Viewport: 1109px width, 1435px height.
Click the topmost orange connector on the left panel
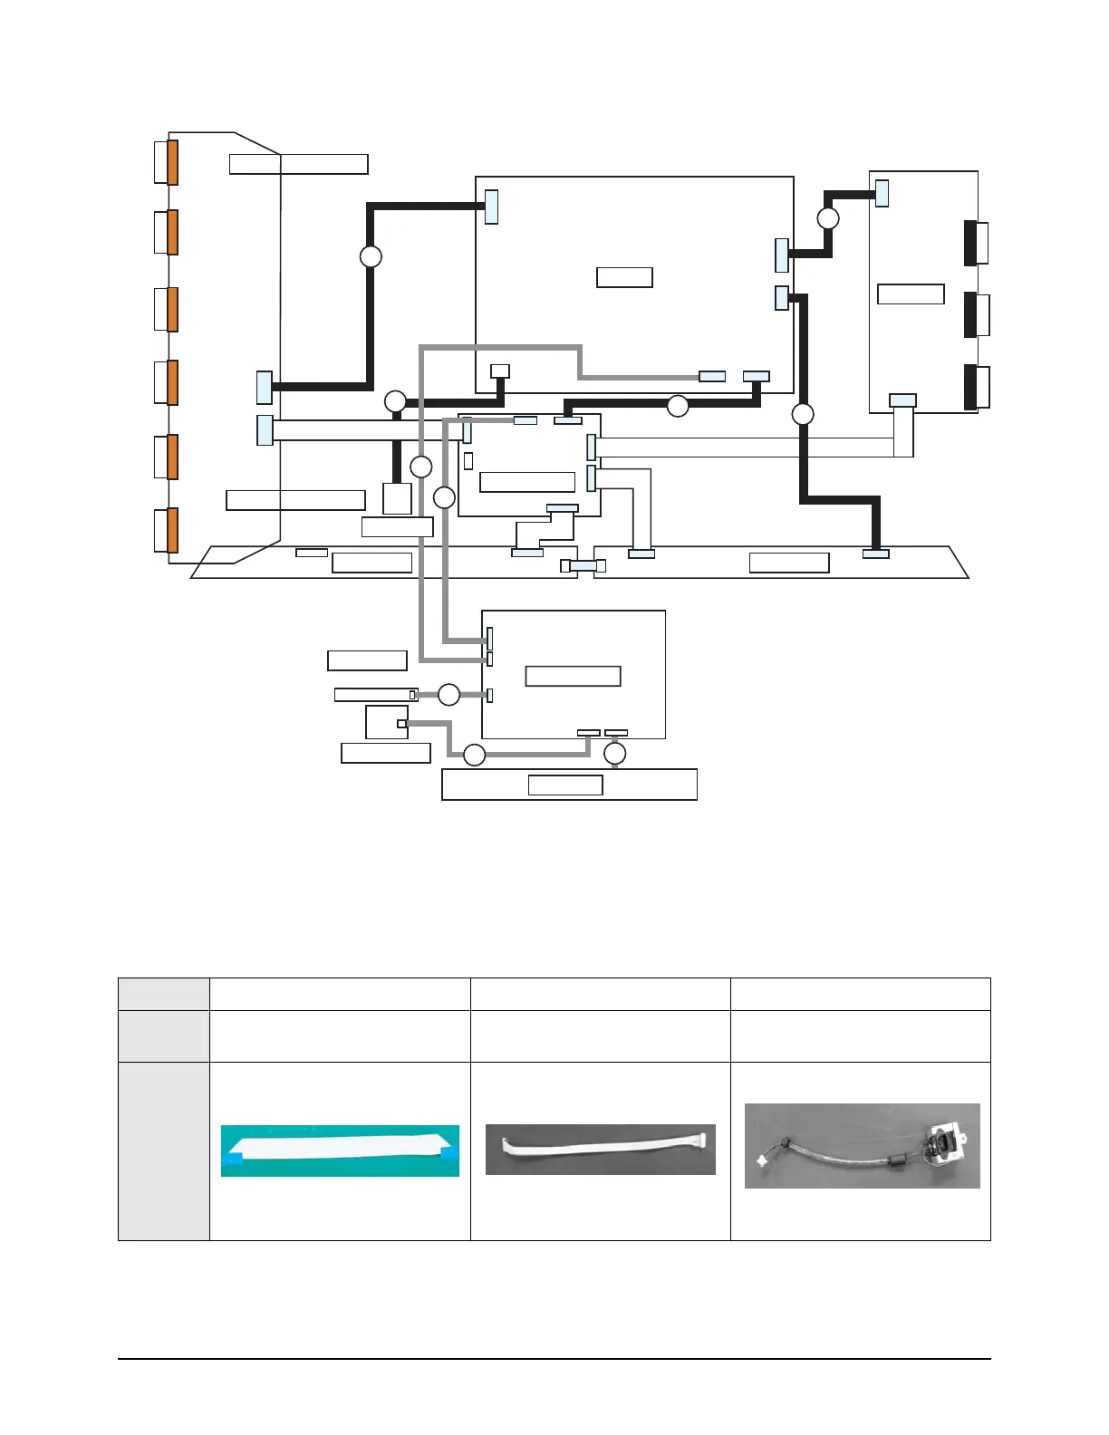[x=172, y=162]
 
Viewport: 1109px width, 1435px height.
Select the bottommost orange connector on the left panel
[x=172, y=530]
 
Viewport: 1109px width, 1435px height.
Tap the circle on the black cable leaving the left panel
[x=371, y=256]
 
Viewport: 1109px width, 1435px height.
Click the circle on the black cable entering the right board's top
[x=827, y=218]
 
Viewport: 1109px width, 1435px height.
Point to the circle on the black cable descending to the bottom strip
[x=803, y=414]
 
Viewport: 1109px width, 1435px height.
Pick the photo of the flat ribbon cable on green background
[x=340, y=1151]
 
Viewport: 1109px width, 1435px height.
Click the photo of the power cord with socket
[x=862, y=1145]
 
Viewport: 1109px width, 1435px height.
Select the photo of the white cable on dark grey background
[x=600, y=1149]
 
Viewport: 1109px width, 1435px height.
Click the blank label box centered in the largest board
[x=624, y=277]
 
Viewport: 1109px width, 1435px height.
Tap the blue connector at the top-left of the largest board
[x=492, y=207]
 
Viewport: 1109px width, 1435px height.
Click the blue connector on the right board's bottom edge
[x=902, y=400]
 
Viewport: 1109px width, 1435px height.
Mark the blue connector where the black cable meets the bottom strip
[x=875, y=554]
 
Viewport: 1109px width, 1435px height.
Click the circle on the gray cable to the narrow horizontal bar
[x=448, y=695]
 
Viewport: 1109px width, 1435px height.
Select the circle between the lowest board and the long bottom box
[x=615, y=754]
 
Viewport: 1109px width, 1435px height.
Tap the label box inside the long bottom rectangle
[x=565, y=785]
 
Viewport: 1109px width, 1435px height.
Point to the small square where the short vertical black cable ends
[x=397, y=498]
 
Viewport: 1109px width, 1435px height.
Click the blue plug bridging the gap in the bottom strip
[x=583, y=566]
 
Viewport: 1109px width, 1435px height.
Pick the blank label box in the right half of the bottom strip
[x=789, y=563]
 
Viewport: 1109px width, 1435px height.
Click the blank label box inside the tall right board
[x=911, y=294]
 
